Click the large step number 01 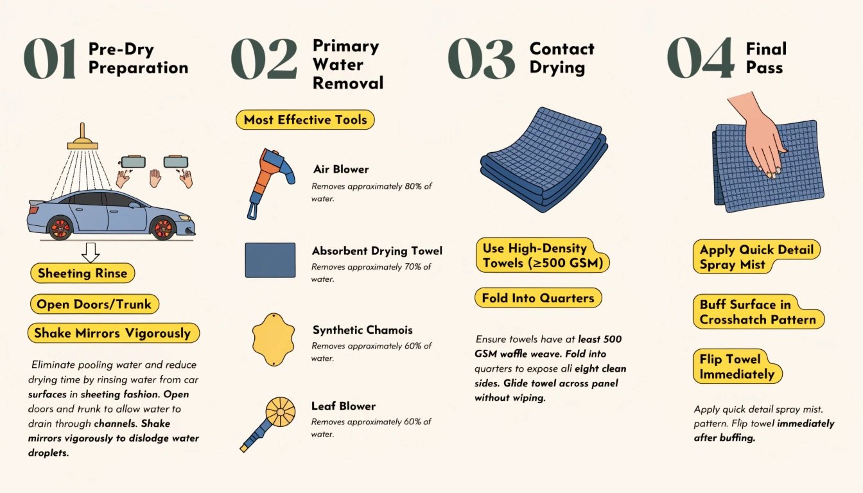pyautogui.click(x=49, y=58)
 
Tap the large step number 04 pyautogui.click(x=701, y=58)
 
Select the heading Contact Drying pyautogui.click(x=562, y=58)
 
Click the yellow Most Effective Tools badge pyautogui.click(x=305, y=119)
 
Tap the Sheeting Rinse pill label pyautogui.click(x=82, y=273)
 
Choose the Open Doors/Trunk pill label pyautogui.click(x=94, y=304)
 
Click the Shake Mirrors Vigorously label pyautogui.click(x=113, y=333)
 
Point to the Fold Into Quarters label pyautogui.click(x=538, y=298)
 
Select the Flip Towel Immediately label pyautogui.click(x=737, y=367)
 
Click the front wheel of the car pyautogui.click(x=163, y=228)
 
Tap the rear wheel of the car pyautogui.click(x=60, y=228)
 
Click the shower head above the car pyautogui.click(x=82, y=137)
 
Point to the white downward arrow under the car pyautogui.click(x=91, y=252)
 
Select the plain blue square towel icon pyautogui.click(x=270, y=260)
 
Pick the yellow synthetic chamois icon pyautogui.click(x=274, y=340)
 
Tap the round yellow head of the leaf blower pyautogui.click(x=281, y=411)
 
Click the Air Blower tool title pyautogui.click(x=340, y=169)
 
